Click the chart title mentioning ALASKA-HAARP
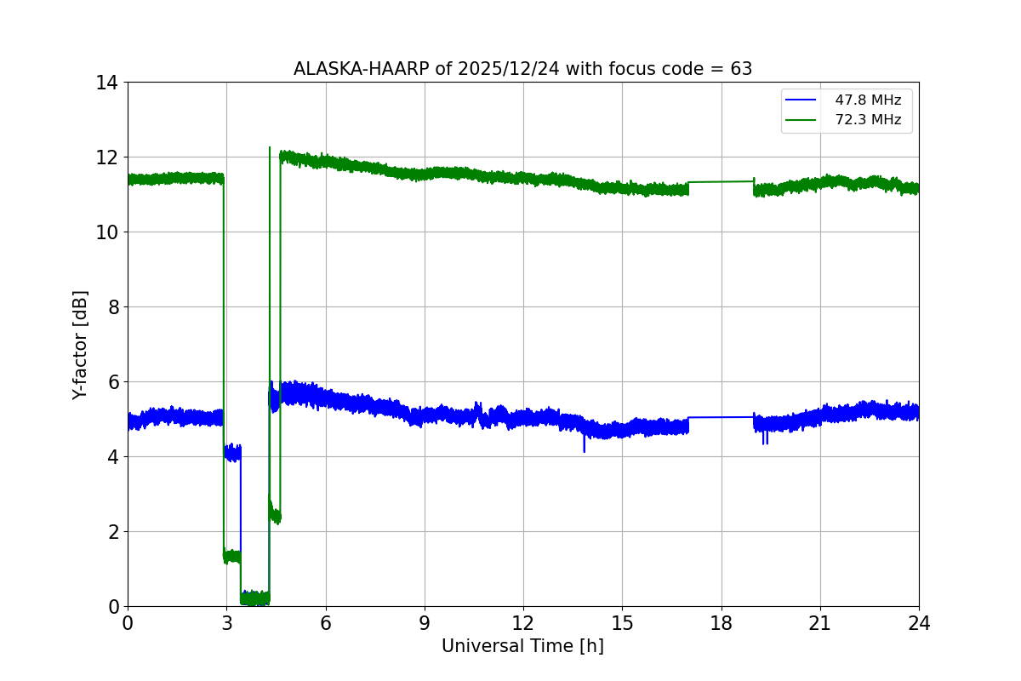522,69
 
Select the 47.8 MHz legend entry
867,100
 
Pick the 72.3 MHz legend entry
867,120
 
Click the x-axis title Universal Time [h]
522,646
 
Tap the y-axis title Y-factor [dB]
80,344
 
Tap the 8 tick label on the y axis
111,307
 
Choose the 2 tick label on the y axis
111,532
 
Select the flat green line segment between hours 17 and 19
722,181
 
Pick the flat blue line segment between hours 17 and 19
722,417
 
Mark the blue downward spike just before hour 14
585,445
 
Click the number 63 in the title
741,69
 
